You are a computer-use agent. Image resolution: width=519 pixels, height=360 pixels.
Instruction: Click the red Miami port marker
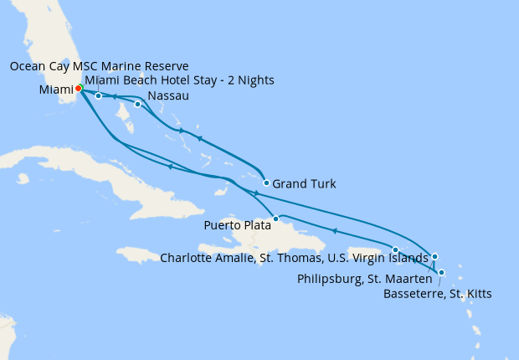(78, 88)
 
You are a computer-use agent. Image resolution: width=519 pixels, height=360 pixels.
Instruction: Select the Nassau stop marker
(137, 105)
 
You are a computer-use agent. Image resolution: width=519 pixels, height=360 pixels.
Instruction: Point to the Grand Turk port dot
(266, 183)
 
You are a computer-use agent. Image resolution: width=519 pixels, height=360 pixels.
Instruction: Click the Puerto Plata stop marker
(275, 219)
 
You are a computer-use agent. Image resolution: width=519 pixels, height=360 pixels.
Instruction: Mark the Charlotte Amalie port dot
(395, 249)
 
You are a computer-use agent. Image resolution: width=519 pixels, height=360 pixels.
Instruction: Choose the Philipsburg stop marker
(434, 256)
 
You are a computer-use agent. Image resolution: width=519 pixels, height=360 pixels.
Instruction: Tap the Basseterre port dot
(441, 272)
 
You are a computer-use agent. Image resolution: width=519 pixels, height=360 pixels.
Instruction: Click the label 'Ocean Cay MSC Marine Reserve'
(100, 65)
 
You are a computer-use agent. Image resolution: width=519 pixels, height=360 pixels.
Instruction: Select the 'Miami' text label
(54, 89)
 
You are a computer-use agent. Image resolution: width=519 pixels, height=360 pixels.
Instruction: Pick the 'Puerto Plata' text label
(237, 224)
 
